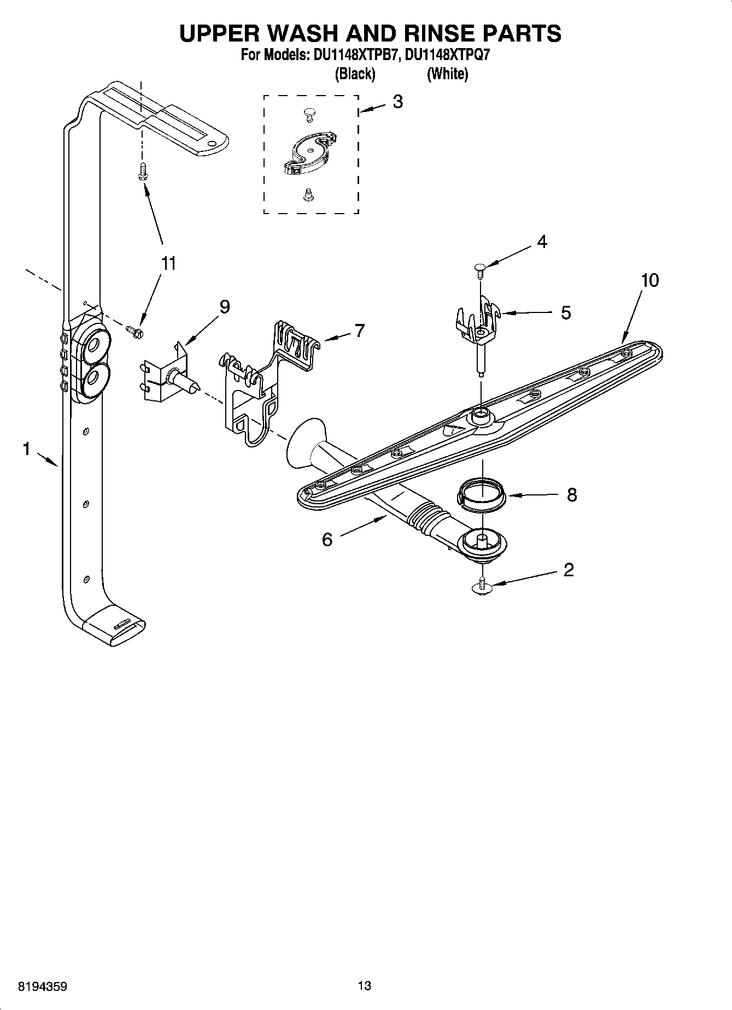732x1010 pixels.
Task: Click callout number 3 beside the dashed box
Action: (x=397, y=102)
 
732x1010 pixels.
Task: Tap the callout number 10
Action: (x=649, y=280)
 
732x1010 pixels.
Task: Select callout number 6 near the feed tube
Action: (x=327, y=540)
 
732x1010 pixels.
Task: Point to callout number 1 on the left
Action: (x=26, y=449)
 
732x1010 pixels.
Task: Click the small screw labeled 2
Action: (x=482, y=585)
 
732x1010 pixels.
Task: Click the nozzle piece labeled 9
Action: (x=167, y=374)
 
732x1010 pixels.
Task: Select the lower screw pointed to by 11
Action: (x=134, y=330)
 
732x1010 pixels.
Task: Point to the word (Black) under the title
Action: (x=355, y=74)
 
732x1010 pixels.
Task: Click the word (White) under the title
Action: (x=447, y=74)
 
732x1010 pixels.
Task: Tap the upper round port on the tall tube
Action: (x=93, y=345)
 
